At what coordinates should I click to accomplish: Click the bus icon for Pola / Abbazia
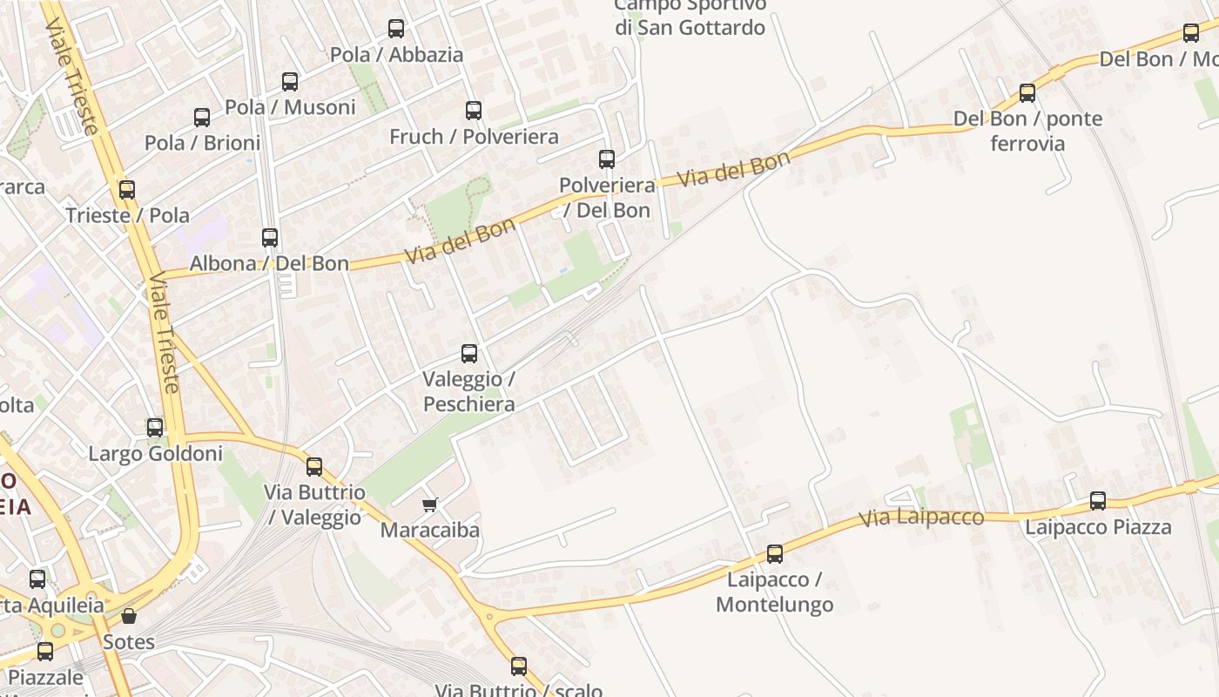click(396, 29)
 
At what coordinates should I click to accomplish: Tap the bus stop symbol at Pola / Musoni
click(290, 82)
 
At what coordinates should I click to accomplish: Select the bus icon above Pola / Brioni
click(202, 117)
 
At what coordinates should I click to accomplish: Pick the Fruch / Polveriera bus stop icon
click(474, 111)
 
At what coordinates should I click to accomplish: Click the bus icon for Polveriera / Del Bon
click(607, 159)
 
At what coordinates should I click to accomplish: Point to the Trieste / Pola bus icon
click(127, 190)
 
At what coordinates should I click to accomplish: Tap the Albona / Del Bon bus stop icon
click(270, 237)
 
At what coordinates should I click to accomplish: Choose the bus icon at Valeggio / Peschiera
click(469, 354)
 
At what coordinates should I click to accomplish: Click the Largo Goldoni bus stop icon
click(155, 428)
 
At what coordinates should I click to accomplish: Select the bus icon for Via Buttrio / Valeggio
click(314, 467)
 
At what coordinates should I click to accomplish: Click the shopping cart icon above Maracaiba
click(429, 504)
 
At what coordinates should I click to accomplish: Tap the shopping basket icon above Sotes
click(129, 616)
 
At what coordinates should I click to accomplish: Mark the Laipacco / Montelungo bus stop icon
click(775, 554)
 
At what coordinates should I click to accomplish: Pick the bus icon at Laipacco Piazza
click(1098, 501)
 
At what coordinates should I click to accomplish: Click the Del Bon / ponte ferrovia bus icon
click(1027, 92)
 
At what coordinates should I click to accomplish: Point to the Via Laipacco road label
click(921, 518)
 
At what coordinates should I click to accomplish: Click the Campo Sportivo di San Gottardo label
click(690, 17)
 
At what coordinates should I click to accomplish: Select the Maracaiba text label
click(429, 530)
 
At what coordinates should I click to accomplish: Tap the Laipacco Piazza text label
click(1098, 527)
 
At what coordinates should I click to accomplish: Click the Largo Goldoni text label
click(156, 454)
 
